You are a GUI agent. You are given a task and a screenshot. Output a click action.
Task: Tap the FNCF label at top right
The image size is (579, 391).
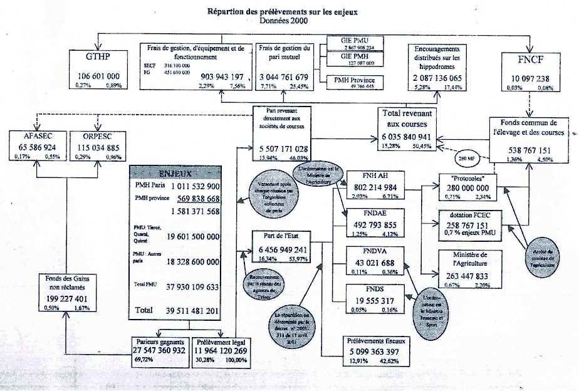(x=528, y=61)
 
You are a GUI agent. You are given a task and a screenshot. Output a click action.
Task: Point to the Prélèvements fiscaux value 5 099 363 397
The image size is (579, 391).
(x=376, y=352)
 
